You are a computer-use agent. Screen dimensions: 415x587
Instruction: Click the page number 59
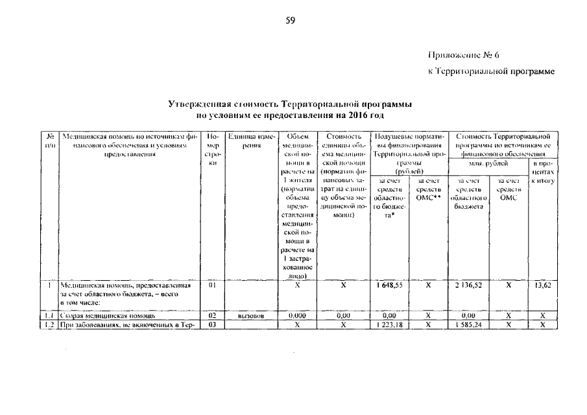[x=291, y=21]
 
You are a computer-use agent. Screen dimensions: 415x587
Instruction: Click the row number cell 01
[x=211, y=284]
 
